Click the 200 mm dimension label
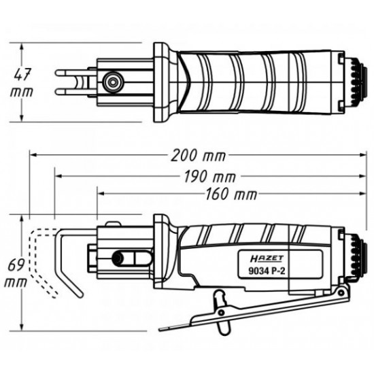[199, 156]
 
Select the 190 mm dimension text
[210, 177]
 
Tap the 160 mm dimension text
[231, 194]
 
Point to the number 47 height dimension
[22, 75]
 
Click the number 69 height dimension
[17, 265]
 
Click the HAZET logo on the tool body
[267, 258]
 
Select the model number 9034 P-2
[267, 271]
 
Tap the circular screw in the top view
[112, 82]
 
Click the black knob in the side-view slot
[117, 258]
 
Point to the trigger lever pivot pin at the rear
[341, 292]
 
